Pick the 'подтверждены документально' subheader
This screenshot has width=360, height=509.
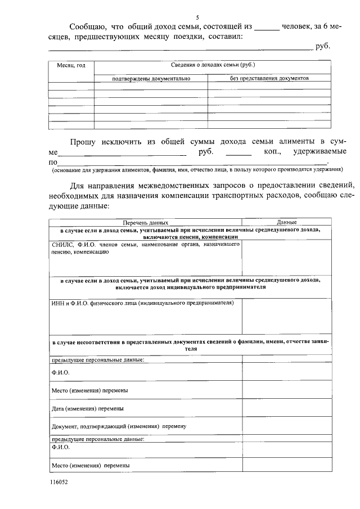tap(151, 79)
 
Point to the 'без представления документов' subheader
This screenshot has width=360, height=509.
tap(269, 78)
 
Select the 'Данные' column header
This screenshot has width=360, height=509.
tap(286, 223)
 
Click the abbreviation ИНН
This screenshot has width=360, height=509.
tap(57, 303)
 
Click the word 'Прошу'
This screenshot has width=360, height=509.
tap(84, 141)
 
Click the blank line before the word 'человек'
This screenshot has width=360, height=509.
tap(267, 28)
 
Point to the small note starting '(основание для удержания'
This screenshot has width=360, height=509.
tap(197, 169)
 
